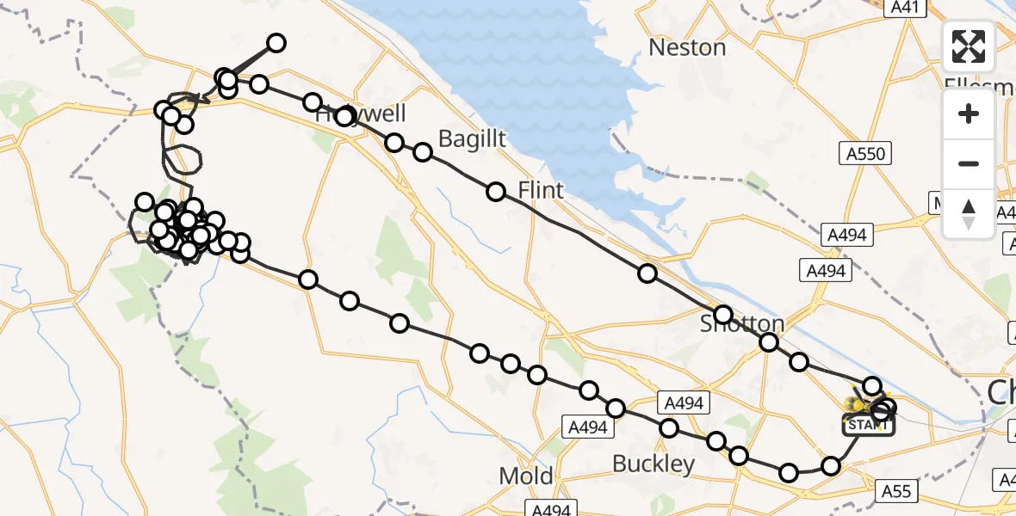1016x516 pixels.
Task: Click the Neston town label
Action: (687, 47)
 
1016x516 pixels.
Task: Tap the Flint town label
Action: (541, 190)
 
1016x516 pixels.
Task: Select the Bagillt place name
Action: (472, 138)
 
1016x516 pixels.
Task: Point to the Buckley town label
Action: (654, 464)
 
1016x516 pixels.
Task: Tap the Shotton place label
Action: (742, 324)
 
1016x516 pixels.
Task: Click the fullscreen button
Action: (969, 46)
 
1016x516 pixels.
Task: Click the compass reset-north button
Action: (969, 213)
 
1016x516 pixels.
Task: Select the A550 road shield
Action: (864, 154)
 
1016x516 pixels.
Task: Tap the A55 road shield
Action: (896, 490)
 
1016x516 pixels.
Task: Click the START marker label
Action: (867, 425)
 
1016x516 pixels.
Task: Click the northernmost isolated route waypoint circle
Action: (276, 43)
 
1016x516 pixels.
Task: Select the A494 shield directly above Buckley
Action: (685, 402)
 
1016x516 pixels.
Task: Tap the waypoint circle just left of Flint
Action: (496, 192)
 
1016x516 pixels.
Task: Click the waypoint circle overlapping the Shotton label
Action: (723, 315)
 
